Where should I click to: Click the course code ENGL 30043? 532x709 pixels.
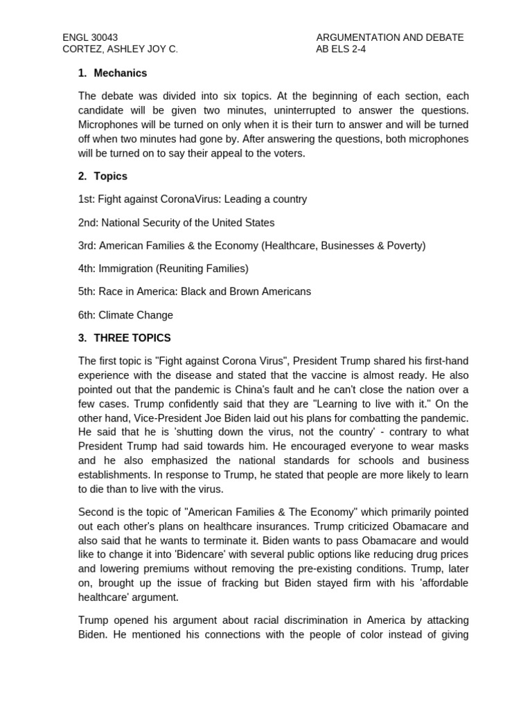point(90,37)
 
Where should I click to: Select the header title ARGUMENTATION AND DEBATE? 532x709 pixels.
point(389,37)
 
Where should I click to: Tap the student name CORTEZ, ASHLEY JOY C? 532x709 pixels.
point(120,49)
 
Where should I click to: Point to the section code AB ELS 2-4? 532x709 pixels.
point(341,49)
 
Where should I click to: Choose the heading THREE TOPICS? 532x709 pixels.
point(132,338)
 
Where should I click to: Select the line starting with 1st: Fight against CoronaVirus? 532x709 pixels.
point(192,199)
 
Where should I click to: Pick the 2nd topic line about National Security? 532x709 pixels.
point(176,223)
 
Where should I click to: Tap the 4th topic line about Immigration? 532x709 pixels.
point(163,269)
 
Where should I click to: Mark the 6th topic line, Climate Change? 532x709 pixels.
point(125,315)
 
